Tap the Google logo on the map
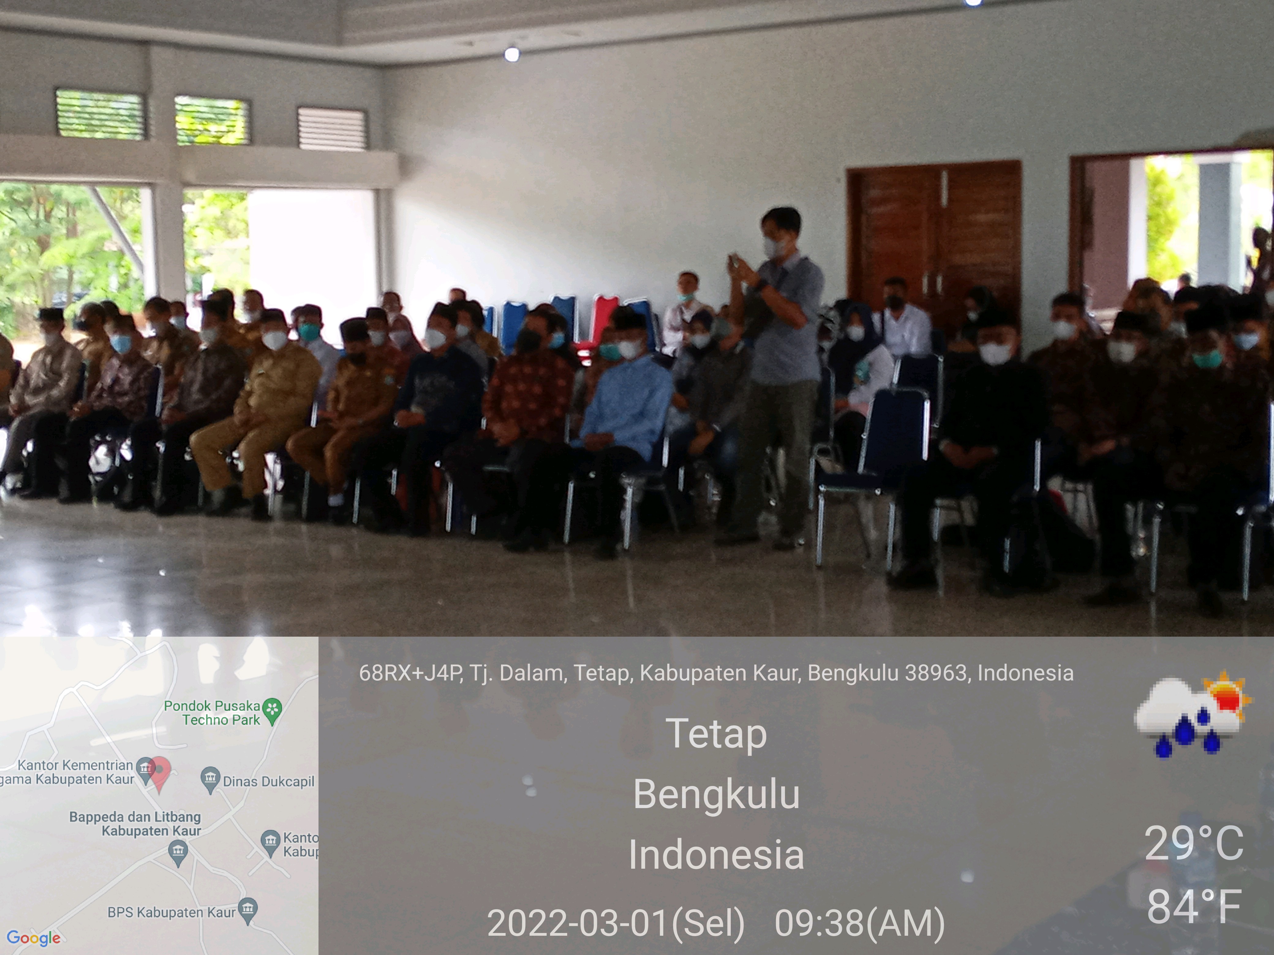[33, 938]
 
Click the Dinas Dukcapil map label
[268, 781]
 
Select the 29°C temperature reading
[1194, 843]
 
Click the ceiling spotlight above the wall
[511, 54]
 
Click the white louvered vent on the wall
[332, 128]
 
